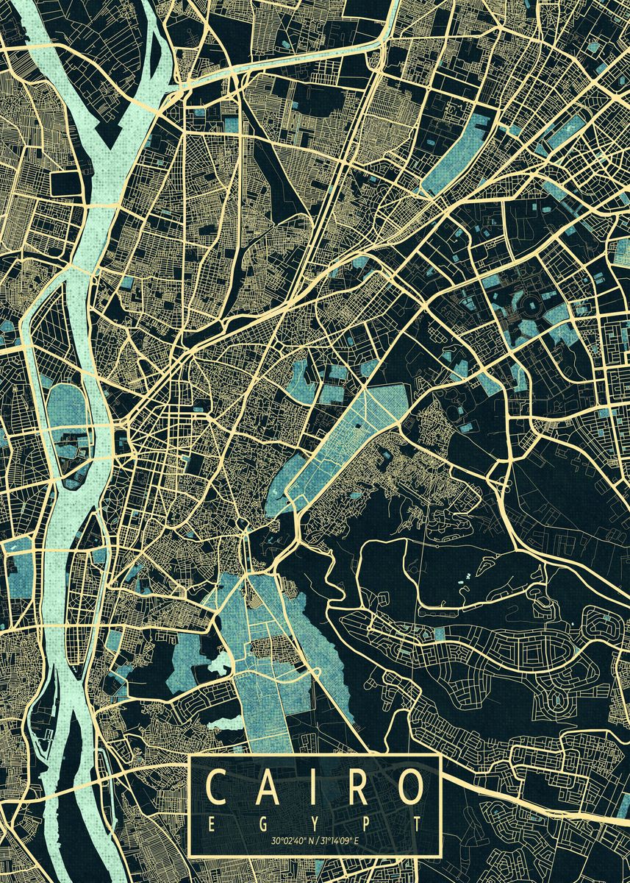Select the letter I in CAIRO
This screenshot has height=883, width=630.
coord(308,788)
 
